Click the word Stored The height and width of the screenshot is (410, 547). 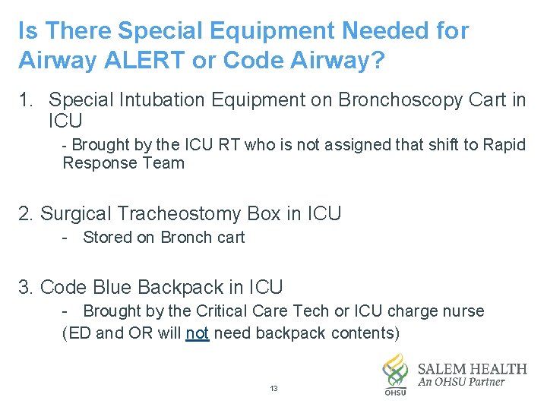click(x=108, y=238)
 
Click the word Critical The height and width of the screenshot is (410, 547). click(x=226, y=311)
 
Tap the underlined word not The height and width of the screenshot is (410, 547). click(x=198, y=333)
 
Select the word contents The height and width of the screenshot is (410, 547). click(x=365, y=333)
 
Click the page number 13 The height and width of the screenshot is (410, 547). click(x=274, y=389)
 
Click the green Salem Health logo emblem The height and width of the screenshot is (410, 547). click(x=395, y=372)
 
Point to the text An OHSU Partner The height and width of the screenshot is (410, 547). click(x=461, y=383)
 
